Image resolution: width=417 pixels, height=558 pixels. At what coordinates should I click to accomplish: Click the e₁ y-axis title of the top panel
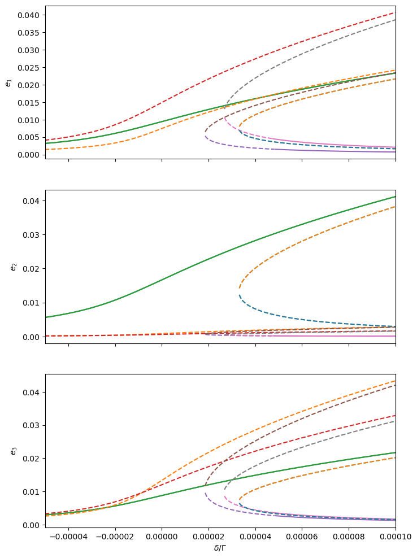[x=8, y=82]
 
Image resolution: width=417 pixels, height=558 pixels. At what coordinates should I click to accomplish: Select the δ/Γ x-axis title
[x=220, y=548]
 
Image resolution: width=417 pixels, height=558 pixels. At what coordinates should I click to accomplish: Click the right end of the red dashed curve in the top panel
[x=395, y=12]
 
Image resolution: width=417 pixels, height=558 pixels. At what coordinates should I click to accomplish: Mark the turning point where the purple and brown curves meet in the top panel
[x=206, y=133]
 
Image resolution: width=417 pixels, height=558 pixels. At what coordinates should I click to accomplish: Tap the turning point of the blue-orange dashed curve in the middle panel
[x=240, y=290]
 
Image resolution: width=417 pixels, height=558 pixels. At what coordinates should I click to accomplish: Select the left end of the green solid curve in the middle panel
[x=46, y=317]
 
